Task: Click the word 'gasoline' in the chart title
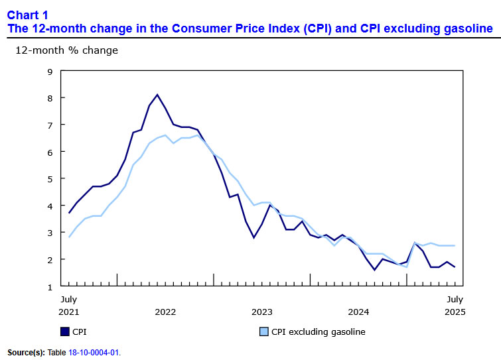point(468,29)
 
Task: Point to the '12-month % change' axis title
point(66,50)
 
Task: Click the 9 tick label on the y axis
point(50,71)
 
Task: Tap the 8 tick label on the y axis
point(50,97)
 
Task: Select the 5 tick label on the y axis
point(50,179)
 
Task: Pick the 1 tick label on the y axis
point(50,286)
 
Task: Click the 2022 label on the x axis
point(165,312)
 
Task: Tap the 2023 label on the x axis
point(261,312)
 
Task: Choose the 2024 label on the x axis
point(358,312)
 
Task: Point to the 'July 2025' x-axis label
point(455,306)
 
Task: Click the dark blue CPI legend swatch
point(64,331)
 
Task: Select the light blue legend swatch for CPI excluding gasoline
point(262,331)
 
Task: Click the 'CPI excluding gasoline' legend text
point(318,331)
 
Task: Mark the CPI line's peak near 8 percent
point(157,95)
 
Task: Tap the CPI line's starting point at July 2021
point(68,213)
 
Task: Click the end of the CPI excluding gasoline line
point(455,246)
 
